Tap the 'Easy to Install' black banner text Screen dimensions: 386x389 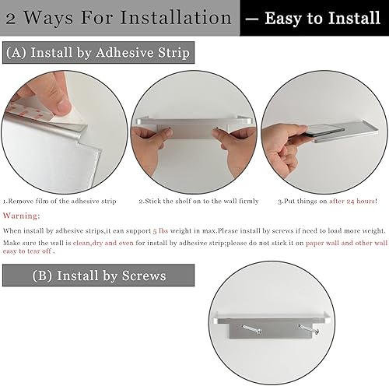(314, 17)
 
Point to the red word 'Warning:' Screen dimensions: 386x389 (23, 216)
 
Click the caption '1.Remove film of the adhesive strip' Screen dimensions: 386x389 (60, 201)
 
